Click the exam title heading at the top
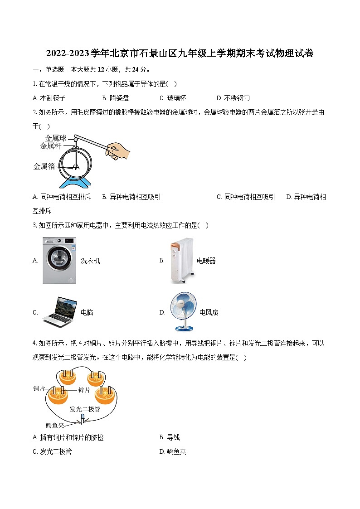point(180,53)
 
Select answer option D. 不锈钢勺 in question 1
point(233,98)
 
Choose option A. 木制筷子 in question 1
point(49,98)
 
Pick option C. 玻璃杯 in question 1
point(173,98)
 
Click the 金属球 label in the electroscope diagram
point(55,138)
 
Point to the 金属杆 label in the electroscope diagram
point(50,146)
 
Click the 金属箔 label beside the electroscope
point(44,166)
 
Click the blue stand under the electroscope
point(74,181)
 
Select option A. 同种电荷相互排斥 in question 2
point(62,197)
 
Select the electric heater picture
point(182,260)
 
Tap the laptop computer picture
point(59,311)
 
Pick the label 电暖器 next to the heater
point(206,261)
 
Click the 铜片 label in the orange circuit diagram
point(39,388)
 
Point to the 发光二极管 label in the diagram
point(85,408)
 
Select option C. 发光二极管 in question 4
point(52,451)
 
